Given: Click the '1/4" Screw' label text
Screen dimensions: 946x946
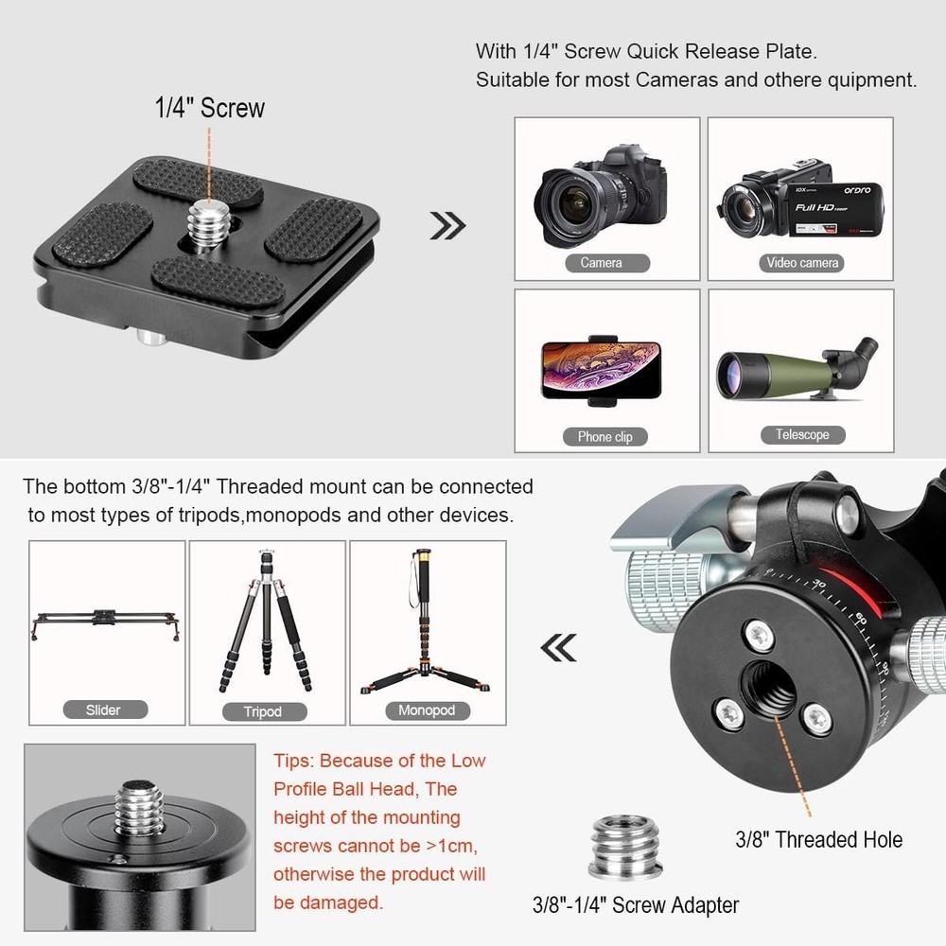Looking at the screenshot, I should coord(210,108).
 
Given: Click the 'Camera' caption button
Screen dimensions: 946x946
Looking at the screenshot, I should coord(602,262).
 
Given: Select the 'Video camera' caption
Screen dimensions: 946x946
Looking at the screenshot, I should coord(801,262).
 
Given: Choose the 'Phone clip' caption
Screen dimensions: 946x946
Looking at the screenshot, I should coord(604,436).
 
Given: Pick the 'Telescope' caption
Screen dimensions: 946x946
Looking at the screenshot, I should coord(801,434).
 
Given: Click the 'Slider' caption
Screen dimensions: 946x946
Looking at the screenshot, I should coord(103,709).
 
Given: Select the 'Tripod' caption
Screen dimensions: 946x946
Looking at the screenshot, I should coord(262,711).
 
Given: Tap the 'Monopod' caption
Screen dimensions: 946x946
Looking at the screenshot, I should coord(426,709).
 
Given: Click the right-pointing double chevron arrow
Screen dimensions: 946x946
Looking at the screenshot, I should coord(447,225).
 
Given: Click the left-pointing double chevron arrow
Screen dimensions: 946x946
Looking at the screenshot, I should coord(557,647).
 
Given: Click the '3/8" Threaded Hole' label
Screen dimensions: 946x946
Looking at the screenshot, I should coord(818,839).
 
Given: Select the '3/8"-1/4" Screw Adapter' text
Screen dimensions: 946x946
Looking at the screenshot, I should coord(636,904).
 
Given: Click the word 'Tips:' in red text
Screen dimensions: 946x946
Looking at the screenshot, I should coord(296,761).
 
